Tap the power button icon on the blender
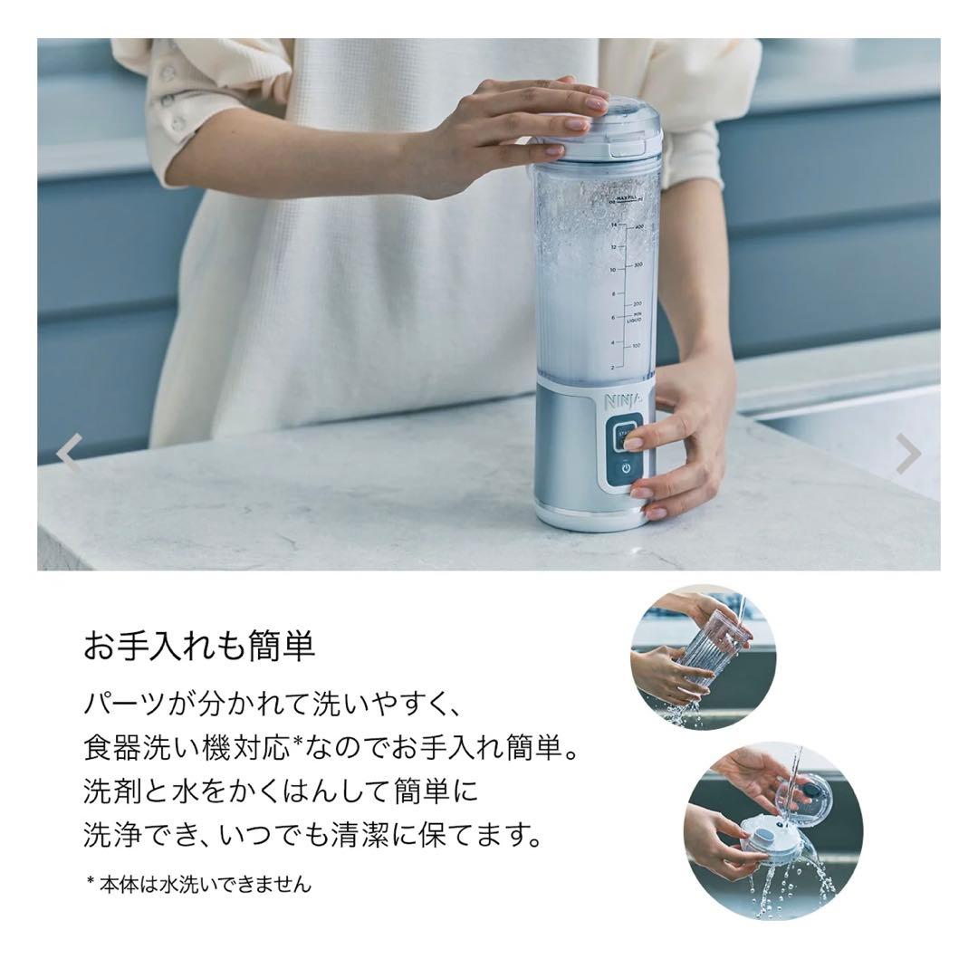(626, 468)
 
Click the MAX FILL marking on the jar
(627, 199)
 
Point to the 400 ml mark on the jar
(638, 227)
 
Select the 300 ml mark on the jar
(638, 265)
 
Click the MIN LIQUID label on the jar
(634, 317)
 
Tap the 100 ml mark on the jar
(637, 345)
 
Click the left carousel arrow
(69, 452)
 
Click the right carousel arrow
(908, 454)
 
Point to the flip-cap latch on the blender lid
(627, 149)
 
